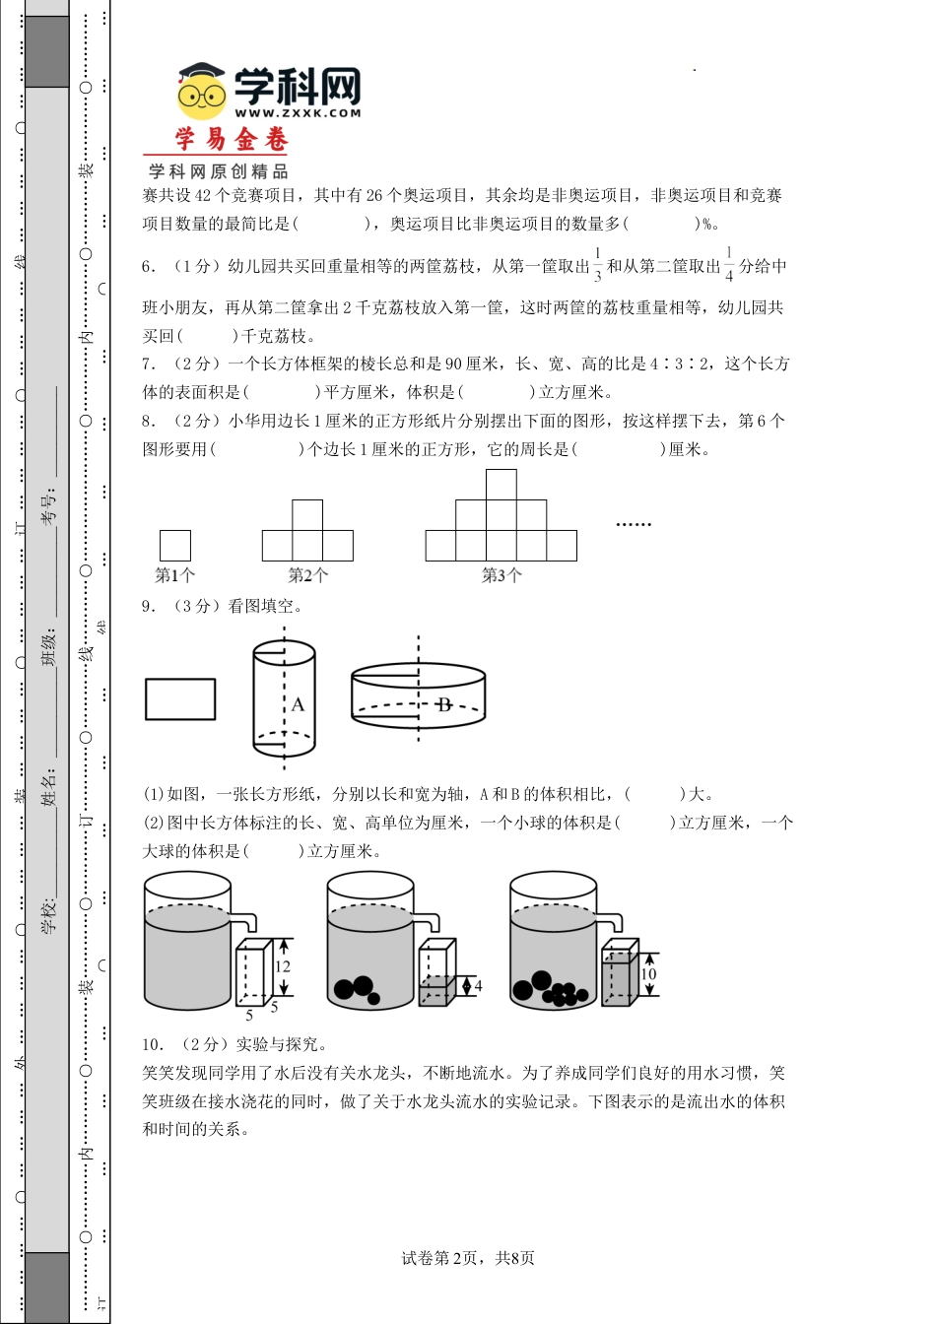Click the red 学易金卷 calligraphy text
[232, 140]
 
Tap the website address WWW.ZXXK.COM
[298, 113]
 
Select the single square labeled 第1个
[175, 545]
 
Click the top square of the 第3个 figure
[501, 485]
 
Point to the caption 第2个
[307, 575]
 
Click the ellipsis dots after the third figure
[634, 524]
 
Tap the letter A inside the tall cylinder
[298, 704]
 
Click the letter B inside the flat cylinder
[444, 704]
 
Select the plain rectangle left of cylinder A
[180, 699]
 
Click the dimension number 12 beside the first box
[283, 966]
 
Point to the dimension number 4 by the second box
[478, 985]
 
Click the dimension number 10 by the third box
[647, 974]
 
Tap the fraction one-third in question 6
[598, 266]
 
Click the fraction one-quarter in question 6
[729, 266]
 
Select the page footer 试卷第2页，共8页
[468, 1258]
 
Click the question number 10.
[153, 1044]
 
